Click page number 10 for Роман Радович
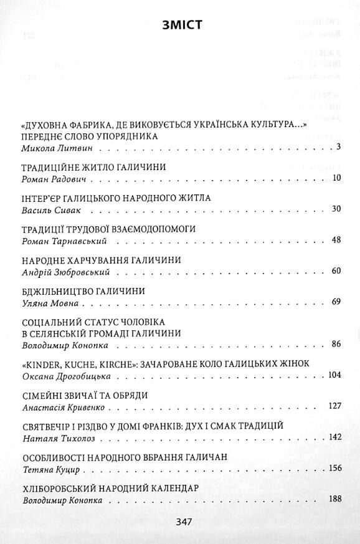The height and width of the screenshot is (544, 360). coord(336,179)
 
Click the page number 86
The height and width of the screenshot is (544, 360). coord(336,343)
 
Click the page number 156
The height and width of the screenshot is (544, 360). coord(334,469)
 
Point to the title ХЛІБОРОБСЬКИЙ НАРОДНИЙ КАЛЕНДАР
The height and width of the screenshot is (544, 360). coord(110,488)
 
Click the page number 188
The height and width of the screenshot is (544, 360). coord(334,499)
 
